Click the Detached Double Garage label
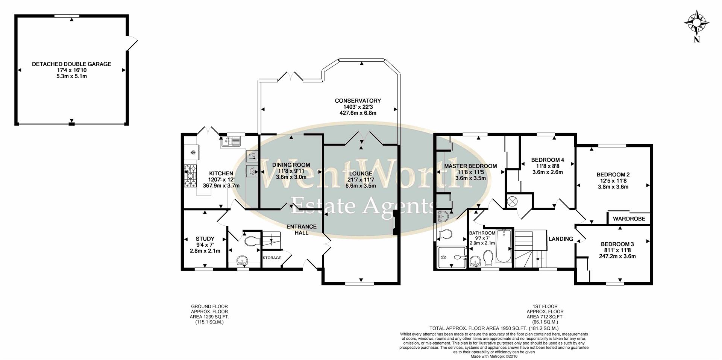pos(71,64)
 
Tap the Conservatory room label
pos(358,101)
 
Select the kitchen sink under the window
pos(231,141)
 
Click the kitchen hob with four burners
pos(191,176)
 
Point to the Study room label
pos(205,239)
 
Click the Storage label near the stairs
pos(272,258)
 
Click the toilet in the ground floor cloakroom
pos(251,241)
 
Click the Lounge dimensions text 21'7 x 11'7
pos(361,180)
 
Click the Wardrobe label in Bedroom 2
pos(629,219)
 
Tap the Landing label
pos(561,239)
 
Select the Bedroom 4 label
pos(548,159)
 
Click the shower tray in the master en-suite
pos(452,257)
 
